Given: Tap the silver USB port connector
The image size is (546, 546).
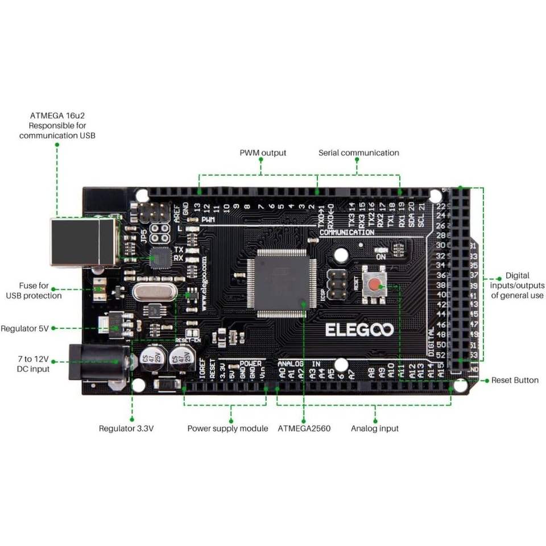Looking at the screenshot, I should point(83,242).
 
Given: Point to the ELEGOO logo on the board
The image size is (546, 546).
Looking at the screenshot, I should point(359,330).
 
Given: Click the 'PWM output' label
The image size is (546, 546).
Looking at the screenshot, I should point(263,152).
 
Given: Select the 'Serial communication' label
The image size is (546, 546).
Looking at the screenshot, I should point(358,152).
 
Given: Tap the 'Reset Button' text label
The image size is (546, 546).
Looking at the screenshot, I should point(515,380).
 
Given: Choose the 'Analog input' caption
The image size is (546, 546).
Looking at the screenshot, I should point(374,428).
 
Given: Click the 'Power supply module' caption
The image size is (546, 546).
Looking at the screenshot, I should point(227,428).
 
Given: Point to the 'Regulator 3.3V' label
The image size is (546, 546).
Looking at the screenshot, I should point(126,428).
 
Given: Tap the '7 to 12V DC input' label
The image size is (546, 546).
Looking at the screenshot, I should point(33,364).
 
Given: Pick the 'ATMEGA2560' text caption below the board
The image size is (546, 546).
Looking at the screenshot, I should point(304,428).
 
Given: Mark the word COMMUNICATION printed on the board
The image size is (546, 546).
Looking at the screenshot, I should point(346,232).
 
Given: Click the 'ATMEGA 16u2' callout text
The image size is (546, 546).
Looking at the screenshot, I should point(57,125).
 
